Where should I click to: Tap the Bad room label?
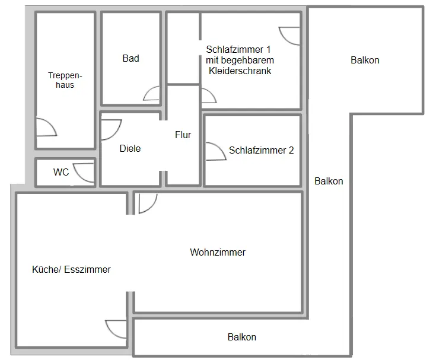(x=130, y=58)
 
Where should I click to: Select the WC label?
(x=61, y=173)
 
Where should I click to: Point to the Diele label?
(x=130, y=148)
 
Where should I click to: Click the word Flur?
(x=183, y=135)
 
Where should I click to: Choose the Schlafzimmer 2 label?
(x=261, y=150)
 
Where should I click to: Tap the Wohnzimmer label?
(x=218, y=252)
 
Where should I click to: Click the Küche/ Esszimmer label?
(x=71, y=269)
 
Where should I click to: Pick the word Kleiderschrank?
(x=240, y=71)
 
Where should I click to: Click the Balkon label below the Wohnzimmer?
(x=242, y=337)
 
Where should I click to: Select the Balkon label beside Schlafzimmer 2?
(x=329, y=181)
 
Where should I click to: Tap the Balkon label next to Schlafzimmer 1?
(x=365, y=60)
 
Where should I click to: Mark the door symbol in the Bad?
(x=152, y=95)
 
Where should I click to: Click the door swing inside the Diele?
(x=111, y=129)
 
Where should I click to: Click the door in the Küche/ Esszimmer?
(x=116, y=329)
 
